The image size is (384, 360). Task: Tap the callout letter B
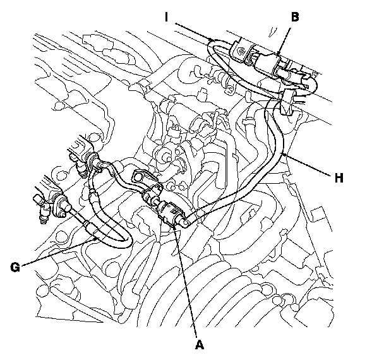[294, 17]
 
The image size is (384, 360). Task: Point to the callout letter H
[339, 178]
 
